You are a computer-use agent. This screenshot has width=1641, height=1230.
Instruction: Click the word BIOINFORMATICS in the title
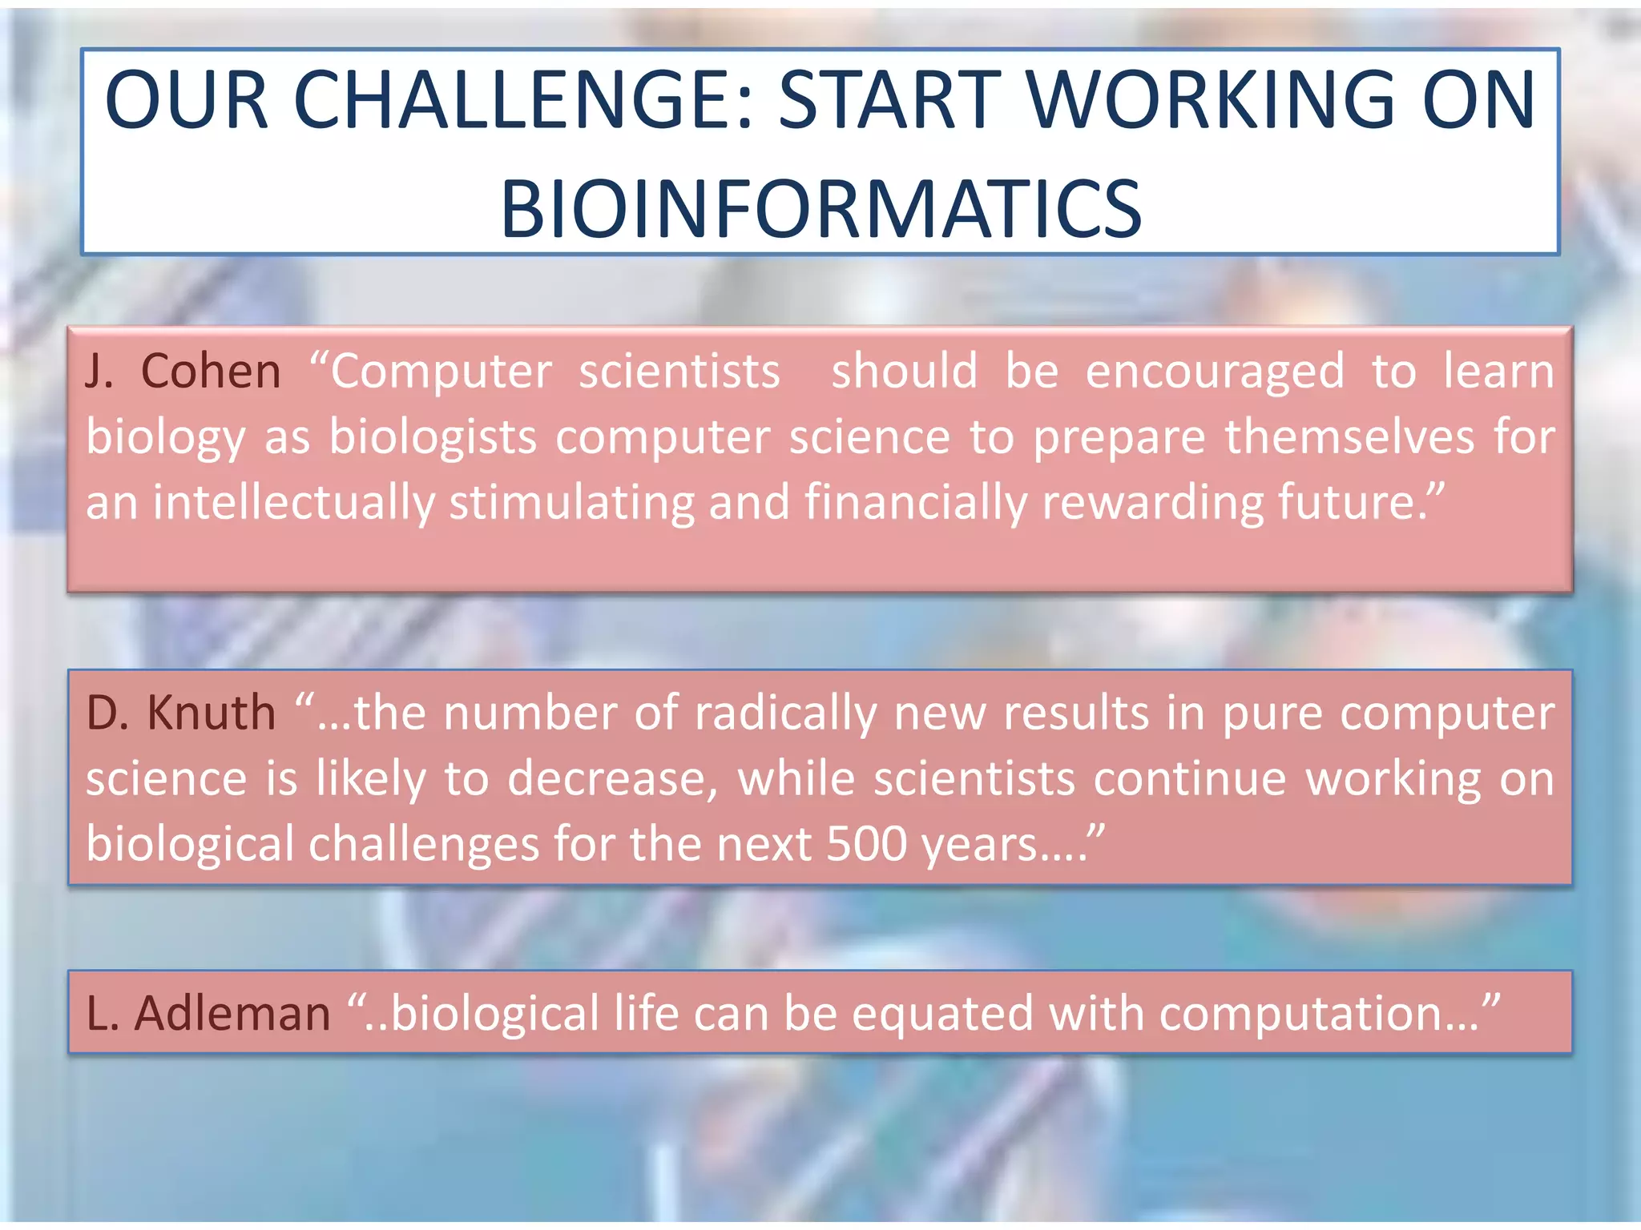point(820,210)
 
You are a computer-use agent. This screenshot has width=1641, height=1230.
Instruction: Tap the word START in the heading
point(889,100)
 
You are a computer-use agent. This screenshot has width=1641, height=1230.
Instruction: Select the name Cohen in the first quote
point(211,372)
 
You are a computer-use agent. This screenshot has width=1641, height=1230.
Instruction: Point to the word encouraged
point(1215,372)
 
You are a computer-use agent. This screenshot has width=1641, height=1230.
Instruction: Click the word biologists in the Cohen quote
point(433,437)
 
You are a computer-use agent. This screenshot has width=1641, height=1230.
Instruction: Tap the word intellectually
point(293,503)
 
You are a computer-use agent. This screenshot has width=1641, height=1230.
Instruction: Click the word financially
point(915,503)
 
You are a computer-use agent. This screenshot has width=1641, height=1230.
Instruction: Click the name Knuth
point(212,713)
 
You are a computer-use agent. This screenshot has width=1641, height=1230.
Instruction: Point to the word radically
point(785,713)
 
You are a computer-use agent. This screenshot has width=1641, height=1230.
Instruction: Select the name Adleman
point(232,1013)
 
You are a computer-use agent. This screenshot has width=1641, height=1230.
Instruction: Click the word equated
point(942,1014)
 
